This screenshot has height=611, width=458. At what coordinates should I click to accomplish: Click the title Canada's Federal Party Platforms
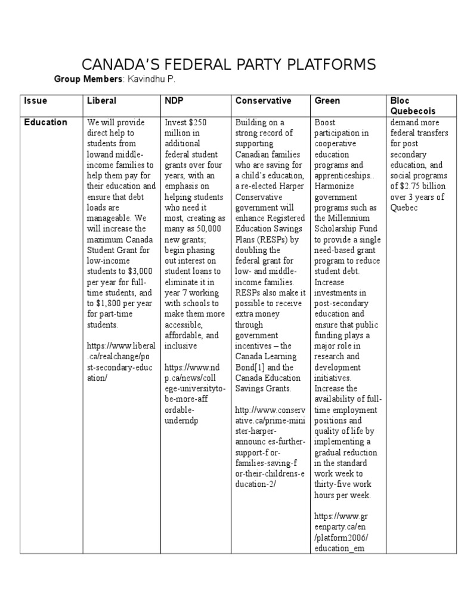(x=228, y=64)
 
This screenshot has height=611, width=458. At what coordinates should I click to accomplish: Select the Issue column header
(x=35, y=101)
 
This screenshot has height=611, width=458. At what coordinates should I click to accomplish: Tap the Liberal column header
(x=101, y=101)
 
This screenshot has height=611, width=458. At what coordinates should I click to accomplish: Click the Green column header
(x=327, y=101)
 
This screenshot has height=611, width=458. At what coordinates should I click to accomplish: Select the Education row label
(x=45, y=122)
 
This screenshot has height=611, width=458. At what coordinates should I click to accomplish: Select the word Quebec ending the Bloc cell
(x=404, y=207)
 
